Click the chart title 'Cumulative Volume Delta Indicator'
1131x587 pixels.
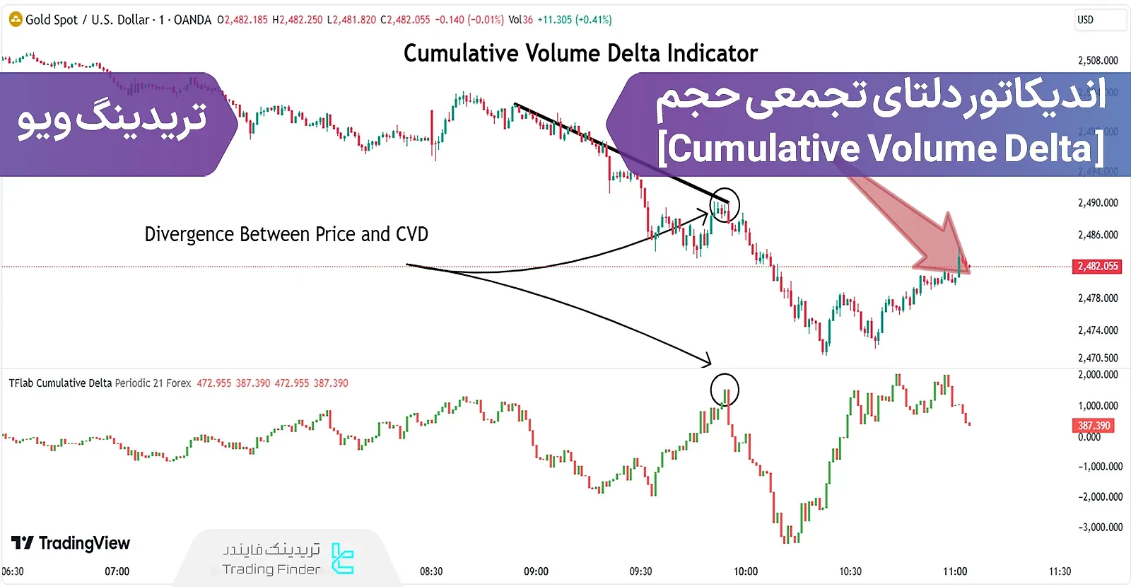point(580,54)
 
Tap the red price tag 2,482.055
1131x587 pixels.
point(1098,267)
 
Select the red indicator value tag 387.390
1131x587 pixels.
point(1094,426)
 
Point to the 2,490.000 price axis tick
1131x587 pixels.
point(1098,203)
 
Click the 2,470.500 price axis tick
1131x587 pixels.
point(1098,359)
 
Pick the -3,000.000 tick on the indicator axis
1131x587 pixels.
point(1100,528)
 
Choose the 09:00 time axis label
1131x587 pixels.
point(536,571)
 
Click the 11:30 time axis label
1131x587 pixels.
point(1060,571)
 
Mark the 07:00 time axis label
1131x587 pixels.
point(117,571)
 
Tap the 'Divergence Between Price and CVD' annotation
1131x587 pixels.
point(286,235)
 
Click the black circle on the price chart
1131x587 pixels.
point(725,205)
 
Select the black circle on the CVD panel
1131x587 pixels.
point(725,390)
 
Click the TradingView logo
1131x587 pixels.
point(71,543)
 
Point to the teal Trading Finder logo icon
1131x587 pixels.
point(343,559)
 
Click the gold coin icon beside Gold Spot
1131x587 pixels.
point(16,20)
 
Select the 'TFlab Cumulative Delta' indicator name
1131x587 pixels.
point(60,383)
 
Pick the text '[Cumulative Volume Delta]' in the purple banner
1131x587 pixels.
point(881,149)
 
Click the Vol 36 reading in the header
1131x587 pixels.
point(521,20)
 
